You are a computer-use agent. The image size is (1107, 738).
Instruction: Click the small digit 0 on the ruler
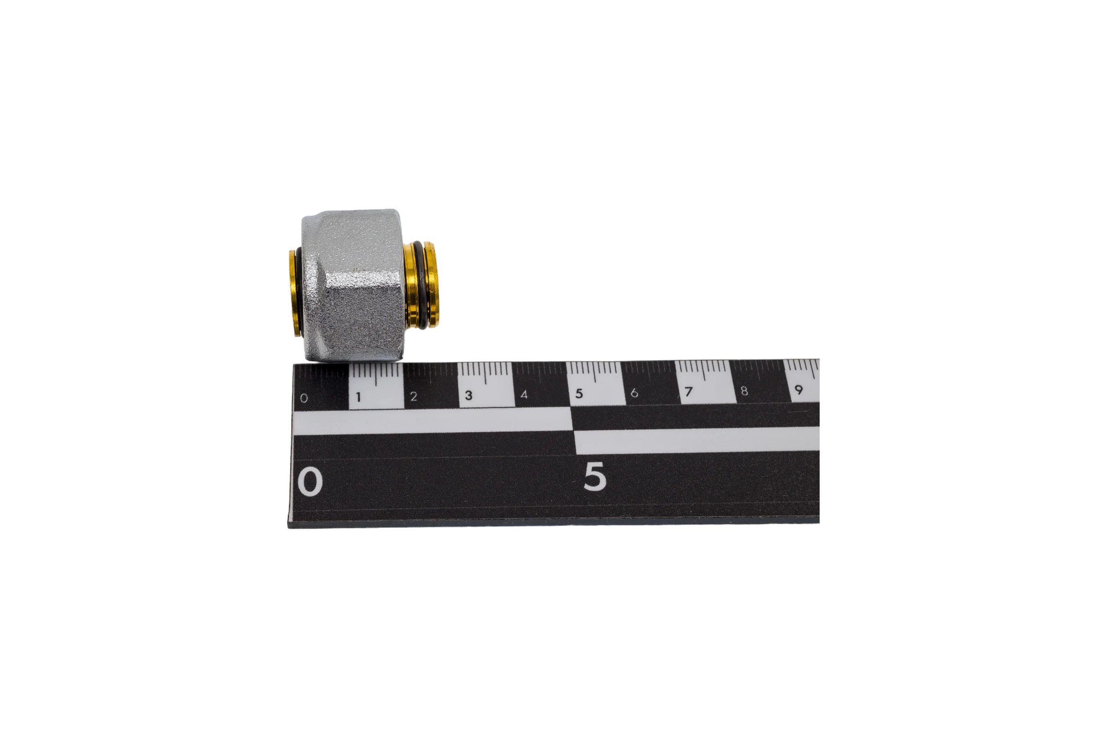pos(304,398)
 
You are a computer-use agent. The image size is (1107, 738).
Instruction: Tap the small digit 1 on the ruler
pos(359,397)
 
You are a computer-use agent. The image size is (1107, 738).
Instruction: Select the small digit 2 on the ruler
pos(414,396)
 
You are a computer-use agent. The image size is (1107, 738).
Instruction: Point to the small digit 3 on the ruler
pos(469,395)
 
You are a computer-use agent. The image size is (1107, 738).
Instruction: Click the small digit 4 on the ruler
pos(524,394)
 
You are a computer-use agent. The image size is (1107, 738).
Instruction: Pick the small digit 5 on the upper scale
pos(579,393)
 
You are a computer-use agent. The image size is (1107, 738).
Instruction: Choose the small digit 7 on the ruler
pos(689,392)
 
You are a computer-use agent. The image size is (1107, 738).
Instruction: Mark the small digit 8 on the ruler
pos(744,391)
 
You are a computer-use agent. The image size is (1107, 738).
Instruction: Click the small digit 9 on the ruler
pos(799,390)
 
